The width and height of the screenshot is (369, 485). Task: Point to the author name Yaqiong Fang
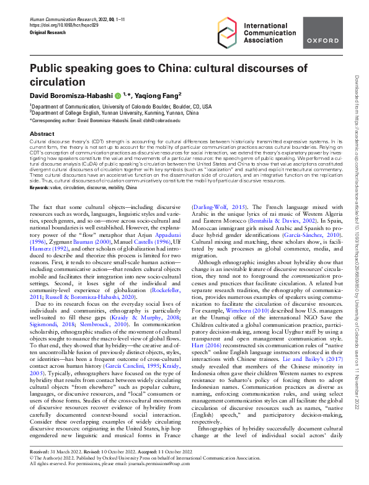158,95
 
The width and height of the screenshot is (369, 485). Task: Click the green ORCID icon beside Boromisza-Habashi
117,96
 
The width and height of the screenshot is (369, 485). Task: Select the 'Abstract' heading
42,133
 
